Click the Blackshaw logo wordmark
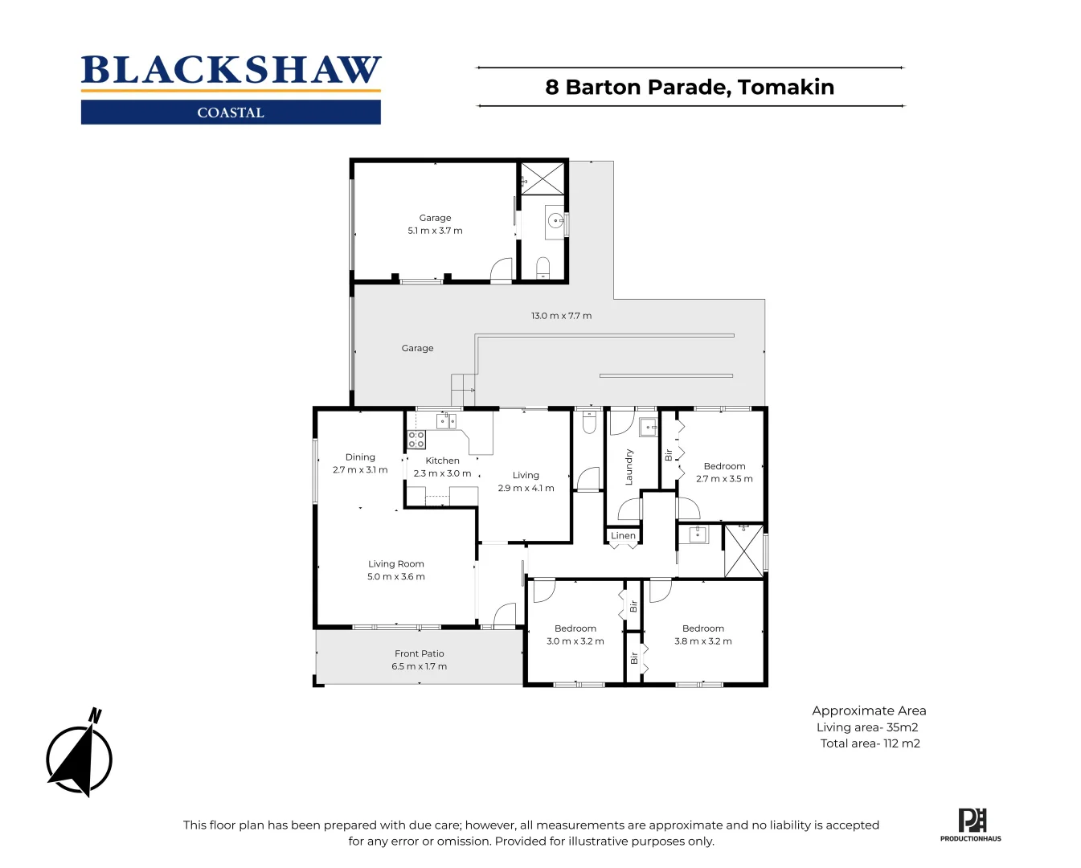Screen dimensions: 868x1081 pyautogui.click(x=231, y=71)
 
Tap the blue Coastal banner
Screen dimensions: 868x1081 pyautogui.click(x=231, y=113)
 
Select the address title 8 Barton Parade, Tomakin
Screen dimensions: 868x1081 pyautogui.click(x=690, y=87)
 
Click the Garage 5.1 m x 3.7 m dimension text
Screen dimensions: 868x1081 pyautogui.click(x=435, y=231)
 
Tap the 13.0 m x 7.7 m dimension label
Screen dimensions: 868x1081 pyautogui.click(x=561, y=316)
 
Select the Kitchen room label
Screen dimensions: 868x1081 pyautogui.click(x=442, y=461)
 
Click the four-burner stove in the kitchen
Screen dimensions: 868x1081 pyautogui.click(x=416, y=439)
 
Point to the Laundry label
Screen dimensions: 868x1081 pyautogui.click(x=629, y=467)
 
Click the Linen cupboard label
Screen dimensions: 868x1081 pyautogui.click(x=623, y=535)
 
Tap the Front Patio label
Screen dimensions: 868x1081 pyautogui.click(x=419, y=653)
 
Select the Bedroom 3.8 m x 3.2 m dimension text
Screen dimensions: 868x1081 pyautogui.click(x=703, y=641)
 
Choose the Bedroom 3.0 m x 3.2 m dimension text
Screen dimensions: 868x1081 pyautogui.click(x=575, y=641)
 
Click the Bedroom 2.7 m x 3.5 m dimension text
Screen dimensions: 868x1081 pyautogui.click(x=724, y=479)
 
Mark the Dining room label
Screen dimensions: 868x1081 pyautogui.click(x=360, y=457)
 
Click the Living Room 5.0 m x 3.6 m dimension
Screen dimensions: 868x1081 pyautogui.click(x=396, y=576)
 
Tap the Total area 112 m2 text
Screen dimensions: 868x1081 pyautogui.click(x=870, y=743)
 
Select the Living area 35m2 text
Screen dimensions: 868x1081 pyautogui.click(x=867, y=727)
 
